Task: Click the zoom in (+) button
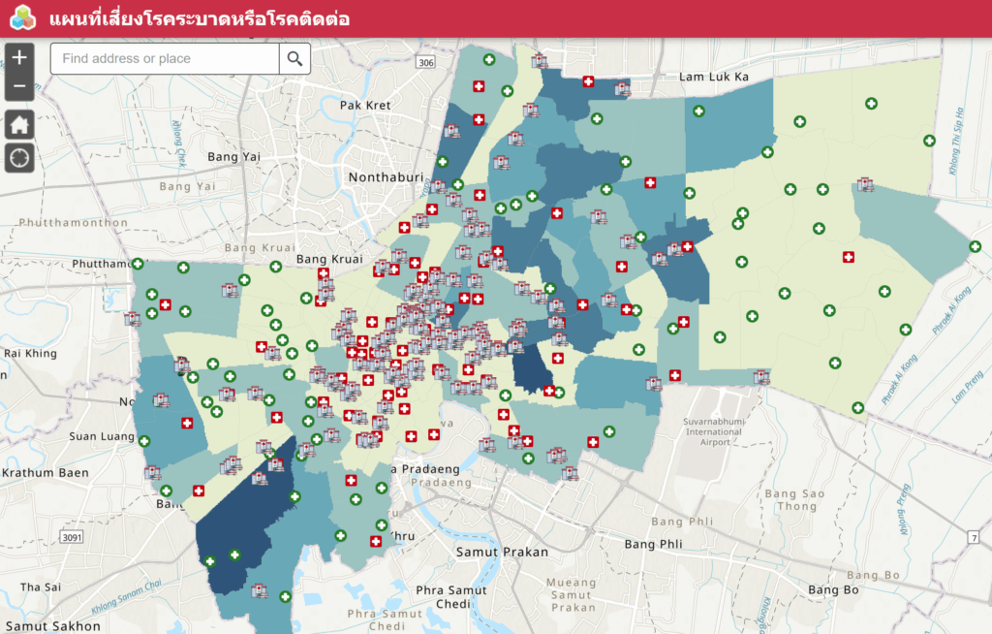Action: pyautogui.click(x=19, y=57)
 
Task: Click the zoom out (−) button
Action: pyautogui.click(x=19, y=86)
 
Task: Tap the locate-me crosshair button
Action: pyautogui.click(x=19, y=157)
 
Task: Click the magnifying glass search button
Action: pyautogui.click(x=295, y=59)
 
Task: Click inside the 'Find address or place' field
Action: pyautogui.click(x=165, y=59)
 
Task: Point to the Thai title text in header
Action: pyautogui.click(x=199, y=19)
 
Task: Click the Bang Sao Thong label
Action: pyautogui.click(x=797, y=500)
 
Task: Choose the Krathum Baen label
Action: pyautogui.click(x=46, y=473)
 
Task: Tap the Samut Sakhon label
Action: pyautogui.click(x=50, y=626)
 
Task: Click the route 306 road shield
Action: pyautogui.click(x=423, y=62)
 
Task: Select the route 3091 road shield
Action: pyautogui.click(x=70, y=536)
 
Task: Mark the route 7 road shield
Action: pyautogui.click(x=973, y=536)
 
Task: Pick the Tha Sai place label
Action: pyautogui.click(x=41, y=586)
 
